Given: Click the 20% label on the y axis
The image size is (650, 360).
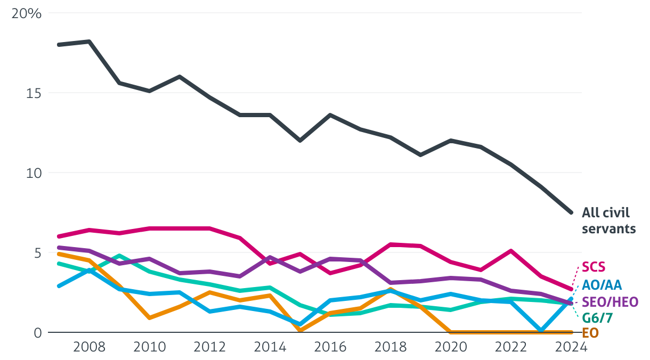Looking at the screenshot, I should tap(26, 13).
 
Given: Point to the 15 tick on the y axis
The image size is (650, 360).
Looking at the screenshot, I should tap(33, 93).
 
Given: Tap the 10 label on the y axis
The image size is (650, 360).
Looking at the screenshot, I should tap(33, 173).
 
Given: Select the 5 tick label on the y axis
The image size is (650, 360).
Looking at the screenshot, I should tap(37, 253).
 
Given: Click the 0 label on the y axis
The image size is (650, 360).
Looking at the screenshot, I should tap(37, 333).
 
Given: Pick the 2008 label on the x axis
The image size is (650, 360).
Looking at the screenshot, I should tap(89, 347).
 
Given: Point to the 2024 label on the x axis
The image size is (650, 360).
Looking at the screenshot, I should tap(571, 347).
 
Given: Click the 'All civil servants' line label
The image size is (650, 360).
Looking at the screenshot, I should tap(609, 221).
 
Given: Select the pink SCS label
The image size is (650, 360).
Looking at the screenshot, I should tap(594, 267).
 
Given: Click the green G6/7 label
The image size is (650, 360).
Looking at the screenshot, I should tap(597, 318).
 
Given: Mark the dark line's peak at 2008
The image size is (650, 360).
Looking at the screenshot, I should tap(89, 42).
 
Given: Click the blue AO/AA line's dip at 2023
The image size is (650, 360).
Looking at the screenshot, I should tap(541, 331).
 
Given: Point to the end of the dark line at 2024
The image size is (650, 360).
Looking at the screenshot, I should tap(571, 212).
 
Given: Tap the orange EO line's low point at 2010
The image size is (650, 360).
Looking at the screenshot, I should tap(149, 318).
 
